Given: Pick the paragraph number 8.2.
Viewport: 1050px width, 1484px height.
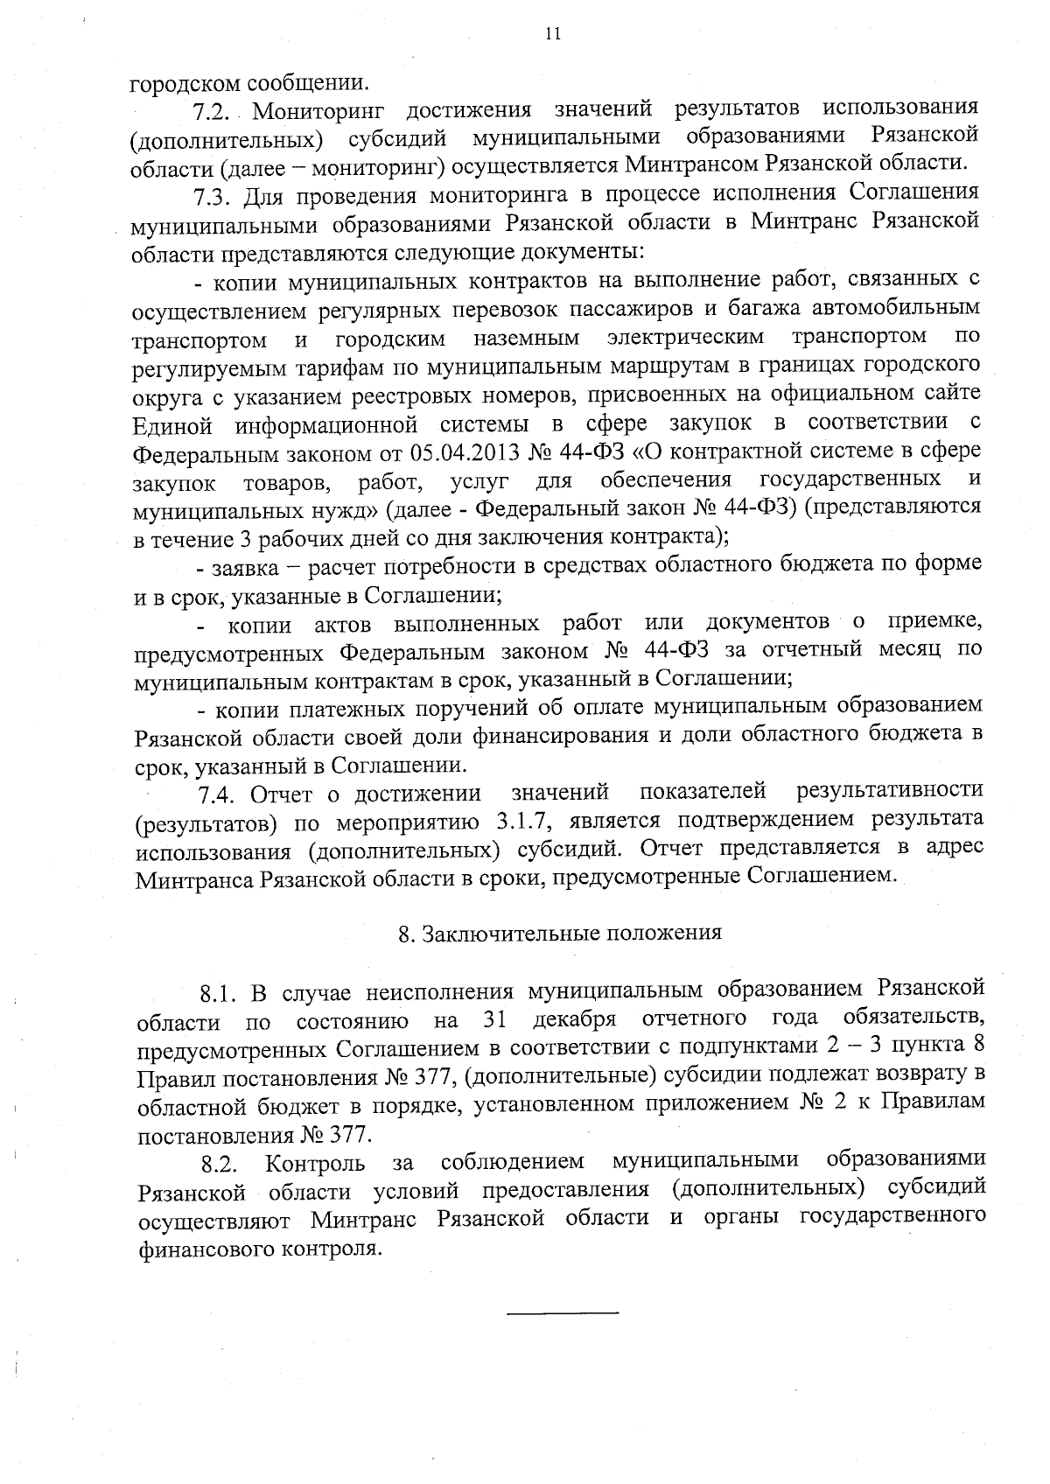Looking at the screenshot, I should coord(219,1164).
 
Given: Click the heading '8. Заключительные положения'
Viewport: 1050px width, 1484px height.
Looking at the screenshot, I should coord(560,933).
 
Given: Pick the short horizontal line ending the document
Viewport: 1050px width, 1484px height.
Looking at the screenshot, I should coord(563,1312).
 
